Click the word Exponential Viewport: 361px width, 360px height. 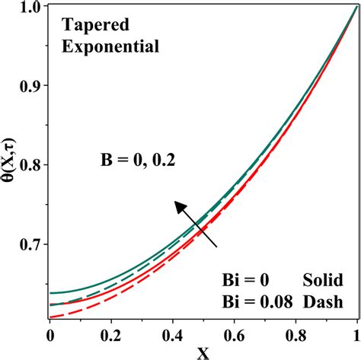tap(110, 46)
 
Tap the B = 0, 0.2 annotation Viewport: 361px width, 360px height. tap(142, 160)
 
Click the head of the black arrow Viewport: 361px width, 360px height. tap(177, 205)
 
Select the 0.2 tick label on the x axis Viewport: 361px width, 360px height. tap(111, 333)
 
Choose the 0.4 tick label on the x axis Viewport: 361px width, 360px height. tap(173, 333)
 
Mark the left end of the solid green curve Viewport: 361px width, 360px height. tap(50, 293)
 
